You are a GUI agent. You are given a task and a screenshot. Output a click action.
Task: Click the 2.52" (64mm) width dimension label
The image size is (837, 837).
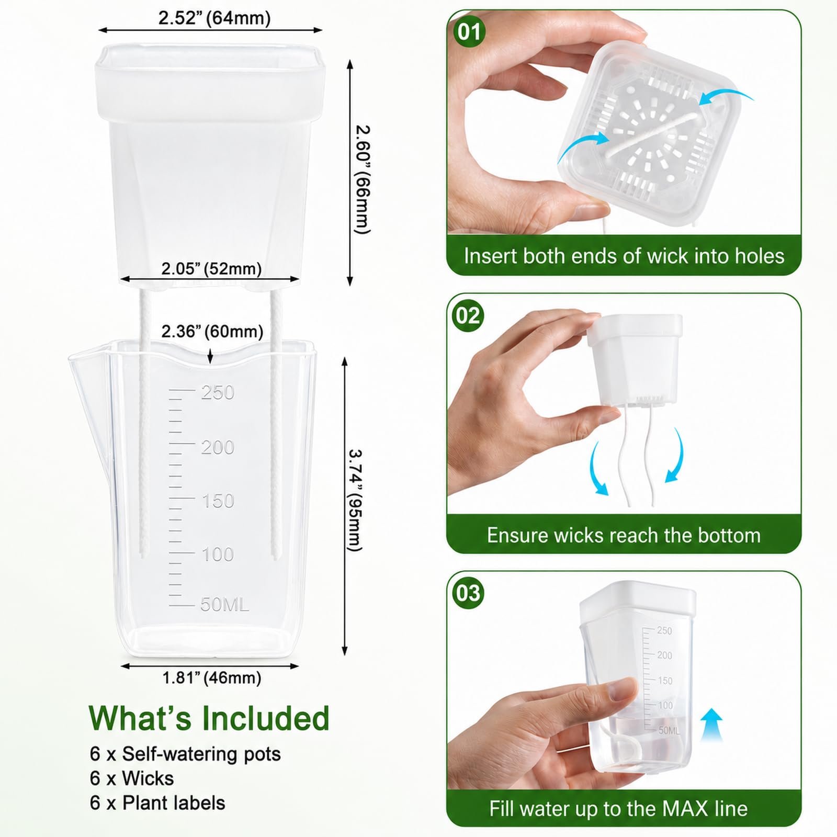pyautogui.click(x=214, y=18)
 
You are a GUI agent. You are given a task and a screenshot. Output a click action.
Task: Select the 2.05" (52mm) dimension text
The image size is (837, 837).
pyautogui.click(x=211, y=269)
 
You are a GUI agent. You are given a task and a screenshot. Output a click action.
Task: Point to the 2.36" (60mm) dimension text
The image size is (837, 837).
pyautogui.click(x=212, y=331)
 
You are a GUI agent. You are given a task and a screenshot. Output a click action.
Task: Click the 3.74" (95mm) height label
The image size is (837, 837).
pyautogui.click(x=355, y=500)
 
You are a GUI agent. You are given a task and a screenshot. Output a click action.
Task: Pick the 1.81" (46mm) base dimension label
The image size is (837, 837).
pyautogui.click(x=211, y=678)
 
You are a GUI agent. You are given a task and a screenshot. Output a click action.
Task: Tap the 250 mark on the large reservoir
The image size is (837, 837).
pyautogui.click(x=218, y=392)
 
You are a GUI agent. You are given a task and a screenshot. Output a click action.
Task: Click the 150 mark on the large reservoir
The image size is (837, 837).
pyautogui.click(x=218, y=501)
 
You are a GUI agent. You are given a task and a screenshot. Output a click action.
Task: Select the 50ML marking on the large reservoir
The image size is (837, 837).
pyautogui.click(x=224, y=604)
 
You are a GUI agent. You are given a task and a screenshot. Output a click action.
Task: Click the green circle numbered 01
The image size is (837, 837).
pyautogui.click(x=469, y=32)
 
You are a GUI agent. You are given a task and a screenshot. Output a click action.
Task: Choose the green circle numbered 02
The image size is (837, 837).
pyautogui.click(x=468, y=316)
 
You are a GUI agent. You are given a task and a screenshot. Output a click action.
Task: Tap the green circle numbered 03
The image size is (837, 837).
pyautogui.click(x=468, y=593)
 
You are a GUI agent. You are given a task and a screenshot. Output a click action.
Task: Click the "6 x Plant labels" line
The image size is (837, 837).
pyautogui.click(x=157, y=803)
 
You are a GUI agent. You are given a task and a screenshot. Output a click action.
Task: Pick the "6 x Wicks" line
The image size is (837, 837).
pyautogui.click(x=132, y=778)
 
